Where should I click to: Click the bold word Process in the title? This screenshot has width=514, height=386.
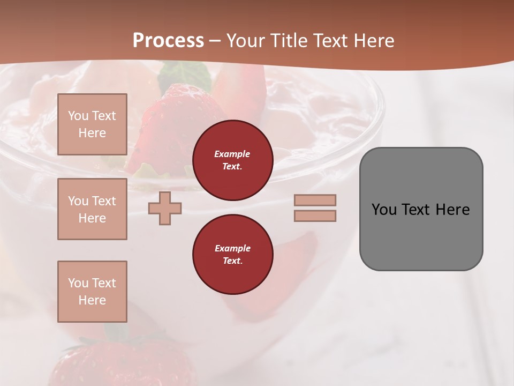[x=168, y=41]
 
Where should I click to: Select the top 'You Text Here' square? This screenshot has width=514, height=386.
[x=92, y=124]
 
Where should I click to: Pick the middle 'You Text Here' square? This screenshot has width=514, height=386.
[x=92, y=209]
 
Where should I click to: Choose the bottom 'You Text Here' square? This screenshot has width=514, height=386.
[x=92, y=291]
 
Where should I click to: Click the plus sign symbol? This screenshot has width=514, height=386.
[x=165, y=208]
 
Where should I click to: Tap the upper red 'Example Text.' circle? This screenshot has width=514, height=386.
[x=232, y=160]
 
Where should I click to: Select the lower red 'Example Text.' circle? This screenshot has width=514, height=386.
[x=232, y=254]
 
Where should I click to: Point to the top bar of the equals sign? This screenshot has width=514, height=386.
[x=315, y=200]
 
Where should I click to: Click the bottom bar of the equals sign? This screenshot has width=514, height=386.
[x=315, y=216]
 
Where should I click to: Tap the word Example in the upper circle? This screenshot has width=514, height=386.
[x=232, y=154]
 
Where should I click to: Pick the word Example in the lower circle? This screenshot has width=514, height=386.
[x=232, y=248]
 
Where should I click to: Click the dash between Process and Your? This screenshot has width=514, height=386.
[x=215, y=41]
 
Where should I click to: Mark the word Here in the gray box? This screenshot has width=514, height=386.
[x=452, y=210]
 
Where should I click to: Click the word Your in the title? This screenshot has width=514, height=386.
[x=246, y=41]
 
